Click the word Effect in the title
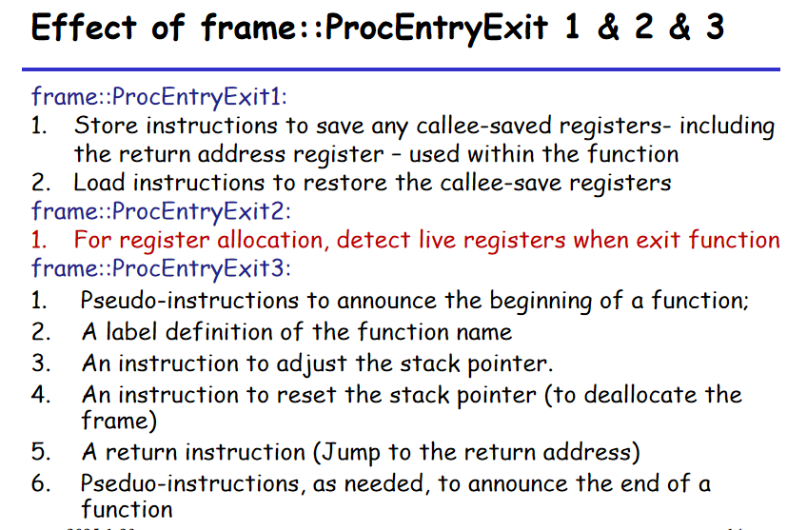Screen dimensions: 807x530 pyautogui.click(x=84, y=27)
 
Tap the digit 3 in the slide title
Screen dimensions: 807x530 pyautogui.click(x=715, y=27)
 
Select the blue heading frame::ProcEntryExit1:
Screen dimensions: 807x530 pyautogui.click(x=159, y=97)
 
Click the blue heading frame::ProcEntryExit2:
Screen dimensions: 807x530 pyautogui.click(x=161, y=211)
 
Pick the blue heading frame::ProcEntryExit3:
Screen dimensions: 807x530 pyautogui.click(x=161, y=268)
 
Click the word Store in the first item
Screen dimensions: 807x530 pyautogui.click(x=107, y=126)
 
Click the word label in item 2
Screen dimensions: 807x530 pyautogui.click(x=131, y=332)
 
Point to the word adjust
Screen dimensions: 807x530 pyautogui.click(x=311, y=364)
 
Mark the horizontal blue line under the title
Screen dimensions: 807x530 pyautogui.click(x=401, y=69)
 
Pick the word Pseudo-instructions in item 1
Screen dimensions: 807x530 pyautogui.click(x=189, y=301)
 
